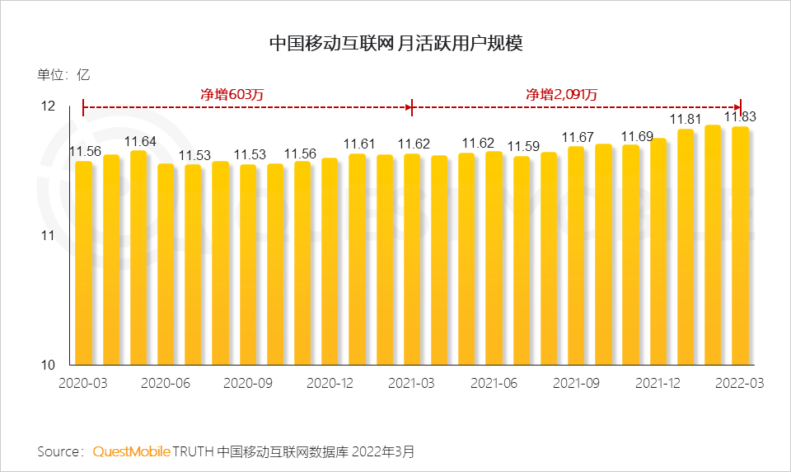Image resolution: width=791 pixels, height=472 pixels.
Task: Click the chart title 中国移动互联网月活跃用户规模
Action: pyautogui.click(x=396, y=43)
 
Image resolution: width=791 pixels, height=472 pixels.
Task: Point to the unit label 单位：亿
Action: pyautogui.click(x=63, y=74)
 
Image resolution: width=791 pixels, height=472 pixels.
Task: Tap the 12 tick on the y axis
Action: pyautogui.click(x=48, y=106)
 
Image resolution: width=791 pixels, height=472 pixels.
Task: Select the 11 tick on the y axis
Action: pyautogui.click(x=48, y=236)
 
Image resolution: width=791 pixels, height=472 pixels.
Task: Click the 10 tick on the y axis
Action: pyautogui.click(x=48, y=365)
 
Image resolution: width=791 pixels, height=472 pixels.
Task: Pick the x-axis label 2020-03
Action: pyautogui.click(x=83, y=384)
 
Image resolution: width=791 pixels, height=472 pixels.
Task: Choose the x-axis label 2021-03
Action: pyautogui.click(x=412, y=384)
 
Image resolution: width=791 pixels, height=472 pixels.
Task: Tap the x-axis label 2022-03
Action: pyautogui.click(x=740, y=384)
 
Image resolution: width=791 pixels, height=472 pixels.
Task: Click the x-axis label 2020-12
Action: pyautogui.click(x=330, y=384)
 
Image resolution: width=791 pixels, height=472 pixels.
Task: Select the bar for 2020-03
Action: pyautogui.click(x=83, y=264)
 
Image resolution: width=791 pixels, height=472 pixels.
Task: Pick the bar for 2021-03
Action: pyautogui.click(x=412, y=260)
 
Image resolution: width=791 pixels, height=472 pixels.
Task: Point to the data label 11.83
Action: pyautogui.click(x=740, y=117)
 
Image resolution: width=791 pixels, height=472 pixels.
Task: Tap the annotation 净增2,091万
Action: pyautogui.click(x=562, y=94)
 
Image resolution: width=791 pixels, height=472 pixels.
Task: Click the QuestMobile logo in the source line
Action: pyautogui.click(x=132, y=451)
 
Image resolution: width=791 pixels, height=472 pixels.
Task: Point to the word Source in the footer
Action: pyautogui.click(x=58, y=451)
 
